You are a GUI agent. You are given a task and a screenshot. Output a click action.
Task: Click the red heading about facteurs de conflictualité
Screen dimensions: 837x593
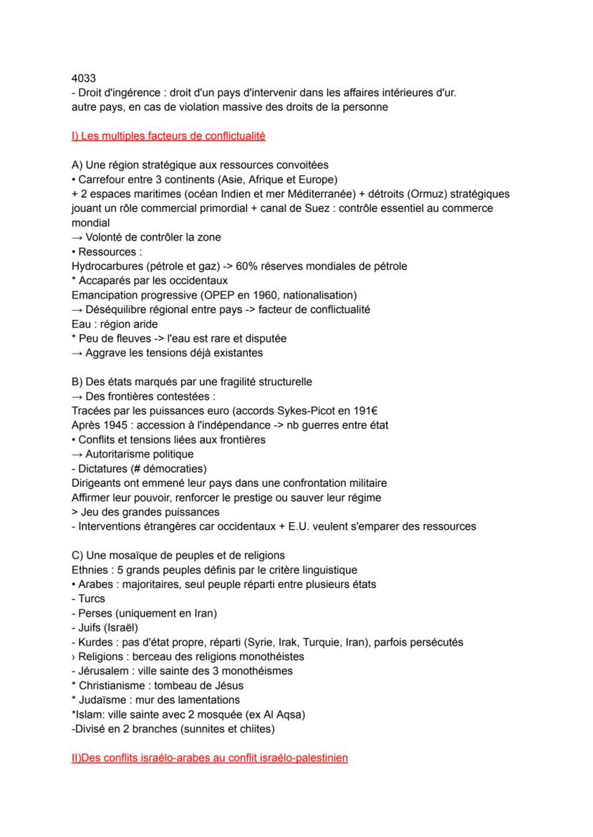point(168,135)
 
